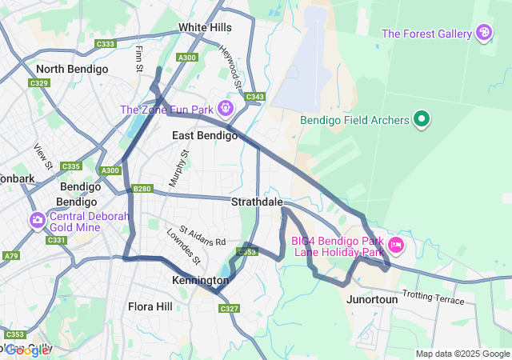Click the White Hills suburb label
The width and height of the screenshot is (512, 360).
(x=205, y=27)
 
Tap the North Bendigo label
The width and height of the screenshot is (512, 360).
(x=72, y=70)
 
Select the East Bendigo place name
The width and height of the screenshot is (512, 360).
(x=205, y=136)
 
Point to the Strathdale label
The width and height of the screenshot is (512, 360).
(x=258, y=202)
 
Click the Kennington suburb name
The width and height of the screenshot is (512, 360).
(x=200, y=281)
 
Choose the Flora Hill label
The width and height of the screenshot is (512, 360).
(x=150, y=306)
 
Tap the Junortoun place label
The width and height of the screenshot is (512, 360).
(x=372, y=299)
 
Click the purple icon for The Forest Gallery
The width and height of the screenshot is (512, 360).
(x=483, y=33)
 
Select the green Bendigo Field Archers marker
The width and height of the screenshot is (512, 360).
(x=422, y=121)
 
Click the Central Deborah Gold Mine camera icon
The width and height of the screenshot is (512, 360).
(x=37, y=220)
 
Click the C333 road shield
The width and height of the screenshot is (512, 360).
(x=105, y=44)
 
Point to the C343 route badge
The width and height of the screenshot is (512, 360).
(x=254, y=98)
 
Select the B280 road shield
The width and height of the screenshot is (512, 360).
(x=142, y=189)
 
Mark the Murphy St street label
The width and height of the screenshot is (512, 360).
(x=178, y=168)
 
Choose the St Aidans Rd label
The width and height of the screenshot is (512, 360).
(x=202, y=237)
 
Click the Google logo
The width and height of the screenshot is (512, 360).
(x=26, y=350)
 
